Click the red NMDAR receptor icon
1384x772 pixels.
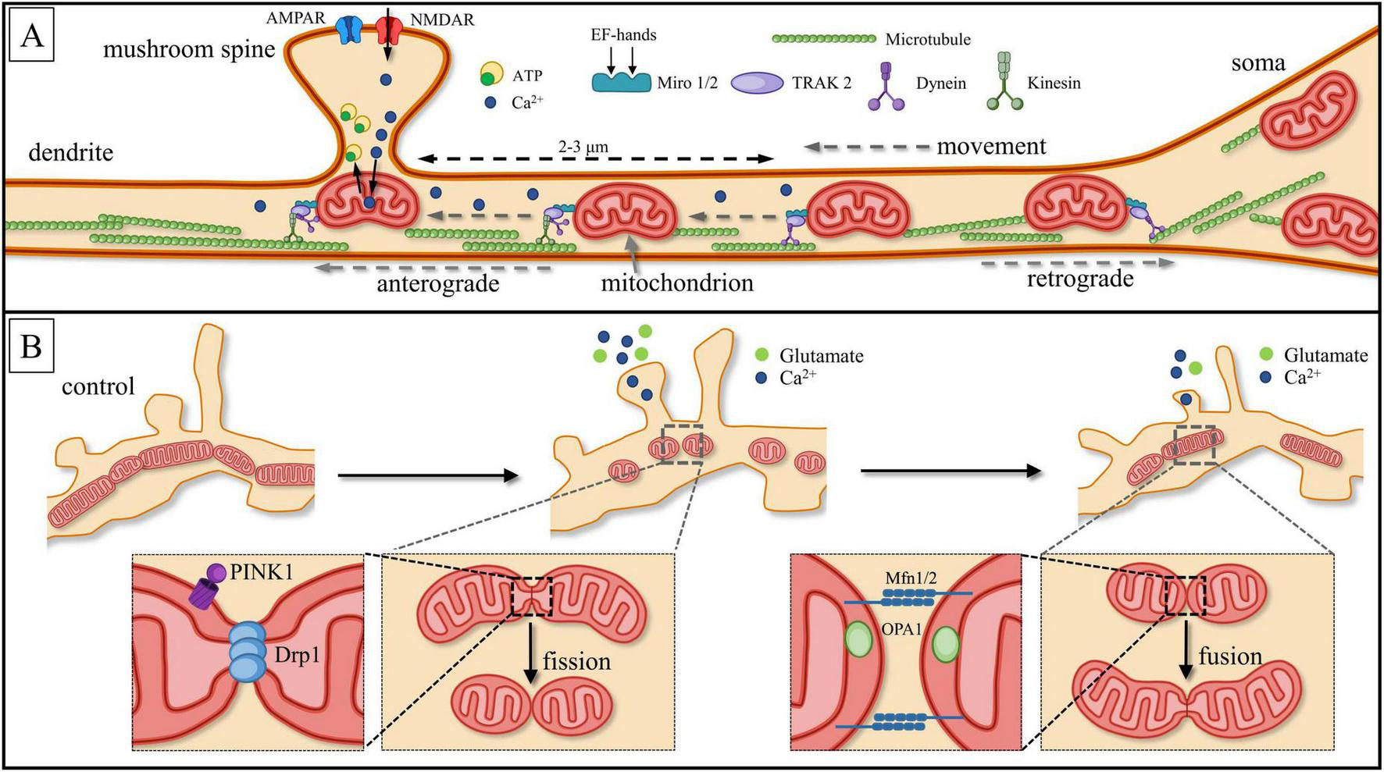pyautogui.click(x=387, y=29)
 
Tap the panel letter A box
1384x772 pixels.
pyautogui.click(x=31, y=35)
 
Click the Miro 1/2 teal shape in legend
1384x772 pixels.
pyautogui.click(x=621, y=82)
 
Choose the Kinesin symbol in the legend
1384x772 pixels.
pyautogui.click(x=1004, y=81)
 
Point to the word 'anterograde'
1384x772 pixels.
pyautogui.click(x=437, y=283)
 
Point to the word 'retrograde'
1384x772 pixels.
pyautogui.click(x=1079, y=279)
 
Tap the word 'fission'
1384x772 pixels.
pyautogui.click(x=576, y=662)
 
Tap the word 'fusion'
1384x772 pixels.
pyautogui.click(x=1230, y=656)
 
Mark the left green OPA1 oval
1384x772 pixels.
pyautogui.click(x=858, y=641)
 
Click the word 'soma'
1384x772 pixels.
pyautogui.click(x=1257, y=63)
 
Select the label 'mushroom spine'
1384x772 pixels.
pyautogui.click(x=189, y=50)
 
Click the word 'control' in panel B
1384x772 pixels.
pyautogui.click(x=98, y=386)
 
